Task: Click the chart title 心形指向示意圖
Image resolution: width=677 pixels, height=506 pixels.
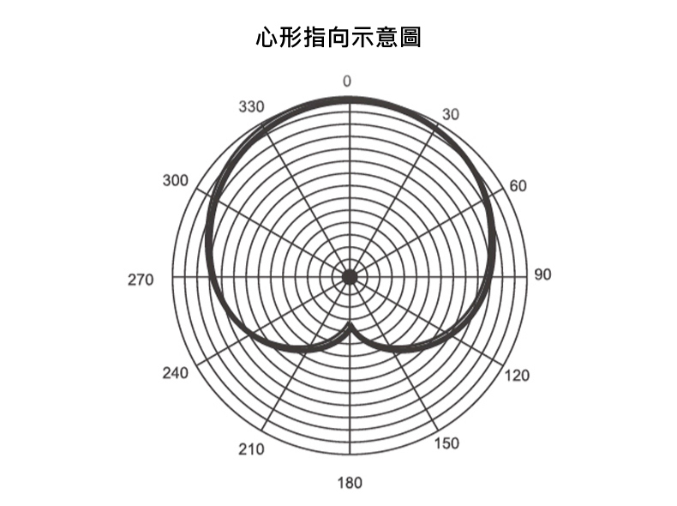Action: [x=338, y=39]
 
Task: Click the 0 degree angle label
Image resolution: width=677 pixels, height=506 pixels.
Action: [x=347, y=81]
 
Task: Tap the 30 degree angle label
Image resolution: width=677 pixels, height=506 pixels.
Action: [x=451, y=115]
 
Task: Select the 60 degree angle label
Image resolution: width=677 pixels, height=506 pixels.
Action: [x=518, y=186]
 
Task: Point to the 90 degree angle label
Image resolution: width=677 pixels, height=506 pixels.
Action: [x=542, y=275]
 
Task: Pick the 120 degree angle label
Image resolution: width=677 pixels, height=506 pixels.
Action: [x=518, y=375]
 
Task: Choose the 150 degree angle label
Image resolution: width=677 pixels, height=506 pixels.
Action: [x=446, y=443]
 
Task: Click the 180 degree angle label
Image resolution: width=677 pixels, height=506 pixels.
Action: [x=350, y=483]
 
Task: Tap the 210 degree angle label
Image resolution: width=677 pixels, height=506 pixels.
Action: [x=251, y=449]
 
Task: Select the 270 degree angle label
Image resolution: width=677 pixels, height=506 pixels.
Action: [x=140, y=280]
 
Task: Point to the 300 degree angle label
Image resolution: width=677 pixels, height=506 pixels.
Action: [x=175, y=181]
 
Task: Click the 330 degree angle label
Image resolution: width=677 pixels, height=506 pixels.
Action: [x=251, y=107]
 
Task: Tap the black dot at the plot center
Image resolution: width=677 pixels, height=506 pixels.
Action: [x=349, y=276]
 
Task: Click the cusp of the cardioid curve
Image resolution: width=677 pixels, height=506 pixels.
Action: [x=349, y=323]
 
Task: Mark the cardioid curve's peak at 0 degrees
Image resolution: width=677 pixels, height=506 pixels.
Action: [x=349, y=100]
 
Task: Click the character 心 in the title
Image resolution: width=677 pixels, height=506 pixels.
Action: [x=267, y=39]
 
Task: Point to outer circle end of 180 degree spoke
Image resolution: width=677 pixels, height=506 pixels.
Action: [x=349, y=454]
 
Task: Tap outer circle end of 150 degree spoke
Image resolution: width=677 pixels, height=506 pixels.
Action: [x=438, y=430]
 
